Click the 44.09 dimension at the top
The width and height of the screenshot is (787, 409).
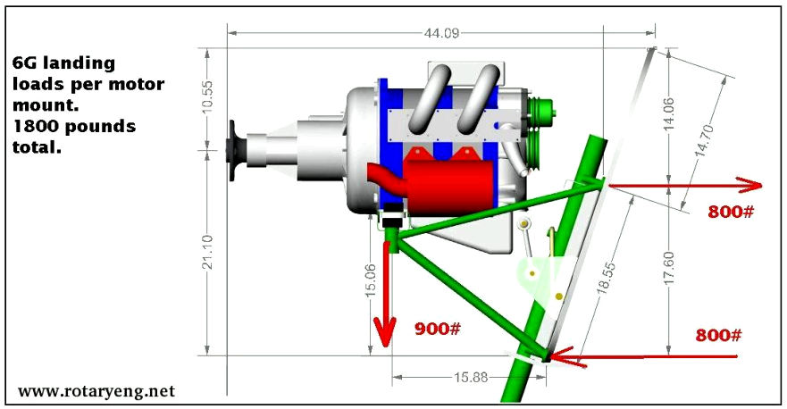tap(441, 33)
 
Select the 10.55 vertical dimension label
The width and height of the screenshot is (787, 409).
tap(207, 96)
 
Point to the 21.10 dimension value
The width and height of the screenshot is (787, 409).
tap(207, 252)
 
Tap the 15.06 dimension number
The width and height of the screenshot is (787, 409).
tap(371, 280)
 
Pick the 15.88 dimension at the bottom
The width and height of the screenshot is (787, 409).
tap(471, 377)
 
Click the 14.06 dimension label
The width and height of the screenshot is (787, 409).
tap(668, 114)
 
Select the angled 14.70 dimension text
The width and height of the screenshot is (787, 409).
tap(705, 141)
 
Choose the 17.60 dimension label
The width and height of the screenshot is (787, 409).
tap(668, 269)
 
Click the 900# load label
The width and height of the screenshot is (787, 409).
tap(437, 329)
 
